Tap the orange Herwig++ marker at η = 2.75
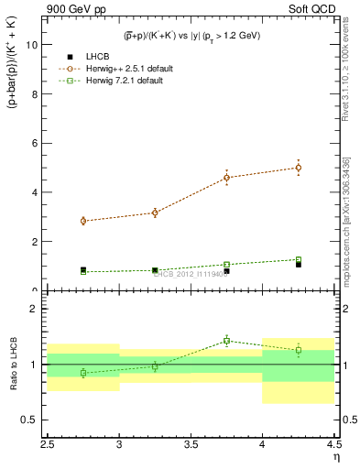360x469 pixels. click(83, 221)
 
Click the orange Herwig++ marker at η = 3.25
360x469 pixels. click(155, 213)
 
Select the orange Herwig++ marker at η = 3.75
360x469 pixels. click(227, 178)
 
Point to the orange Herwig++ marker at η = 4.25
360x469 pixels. click(299, 168)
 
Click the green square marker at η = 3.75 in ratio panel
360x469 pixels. click(227, 341)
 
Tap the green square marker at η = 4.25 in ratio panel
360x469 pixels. click(299, 350)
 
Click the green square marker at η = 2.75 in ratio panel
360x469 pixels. click(83, 373)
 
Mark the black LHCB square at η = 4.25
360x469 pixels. click(299, 264)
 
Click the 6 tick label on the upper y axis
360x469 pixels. click(38, 143)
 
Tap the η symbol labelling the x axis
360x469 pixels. click(335, 457)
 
